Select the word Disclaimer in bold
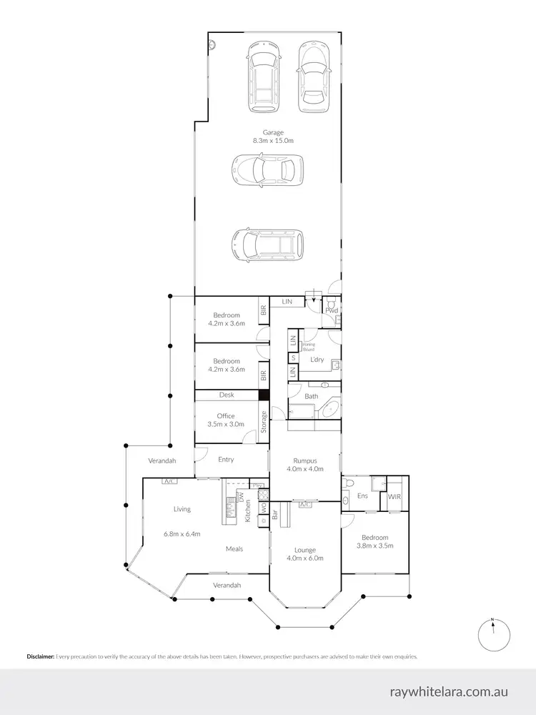coord(41,656)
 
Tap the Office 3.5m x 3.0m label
coord(226,420)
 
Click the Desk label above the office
coord(227,395)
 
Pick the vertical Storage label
coord(264,422)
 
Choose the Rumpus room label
coord(304,465)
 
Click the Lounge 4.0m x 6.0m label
coord(304,553)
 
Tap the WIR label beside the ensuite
coord(394,495)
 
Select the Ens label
coord(362,495)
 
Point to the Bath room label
coord(312,395)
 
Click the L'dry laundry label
coord(317,360)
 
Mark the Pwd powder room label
coord(332,310)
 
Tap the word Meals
coord(234,549)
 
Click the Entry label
coord(226,459)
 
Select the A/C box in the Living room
coord(170,482)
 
